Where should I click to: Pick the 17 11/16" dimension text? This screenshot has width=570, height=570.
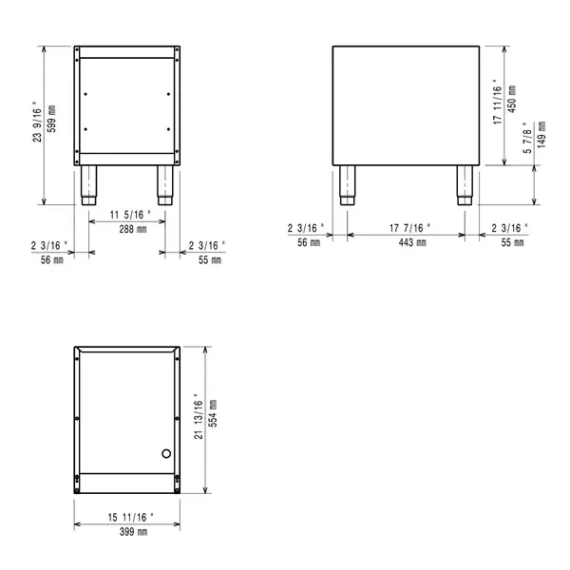click(x=498, y=104)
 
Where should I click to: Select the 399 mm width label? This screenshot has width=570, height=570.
click(x=126, y=533)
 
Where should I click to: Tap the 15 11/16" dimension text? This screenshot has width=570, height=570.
click(x=126, y=518)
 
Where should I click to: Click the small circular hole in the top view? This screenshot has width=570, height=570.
click(x=167, y=453)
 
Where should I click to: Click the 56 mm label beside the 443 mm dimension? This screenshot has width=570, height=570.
click(x=310, y=243)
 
